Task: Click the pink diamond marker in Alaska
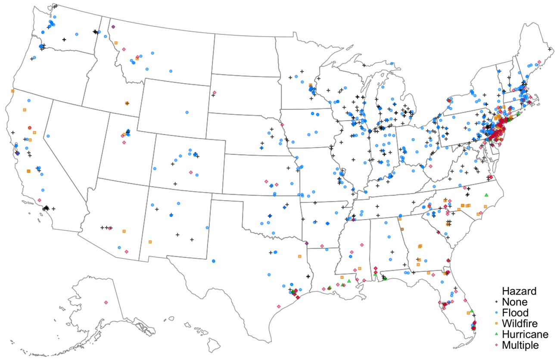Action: click(106, 302)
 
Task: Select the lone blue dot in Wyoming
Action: click(187, 112)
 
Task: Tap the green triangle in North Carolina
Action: click(486, 195)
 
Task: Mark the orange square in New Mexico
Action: click(150, 242)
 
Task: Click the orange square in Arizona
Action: click(124, 231)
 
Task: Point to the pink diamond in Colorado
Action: click(190, 172)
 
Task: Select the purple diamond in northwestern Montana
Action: click(113, 27)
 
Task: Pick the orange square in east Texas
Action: click(299, 256)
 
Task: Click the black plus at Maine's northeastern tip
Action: click(550, 50)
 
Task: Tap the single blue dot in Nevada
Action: click(48, 136)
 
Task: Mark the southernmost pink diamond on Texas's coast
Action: click(279, 306)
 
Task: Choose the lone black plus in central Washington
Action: click(64, 40)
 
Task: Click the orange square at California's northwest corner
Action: click(12, 91)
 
